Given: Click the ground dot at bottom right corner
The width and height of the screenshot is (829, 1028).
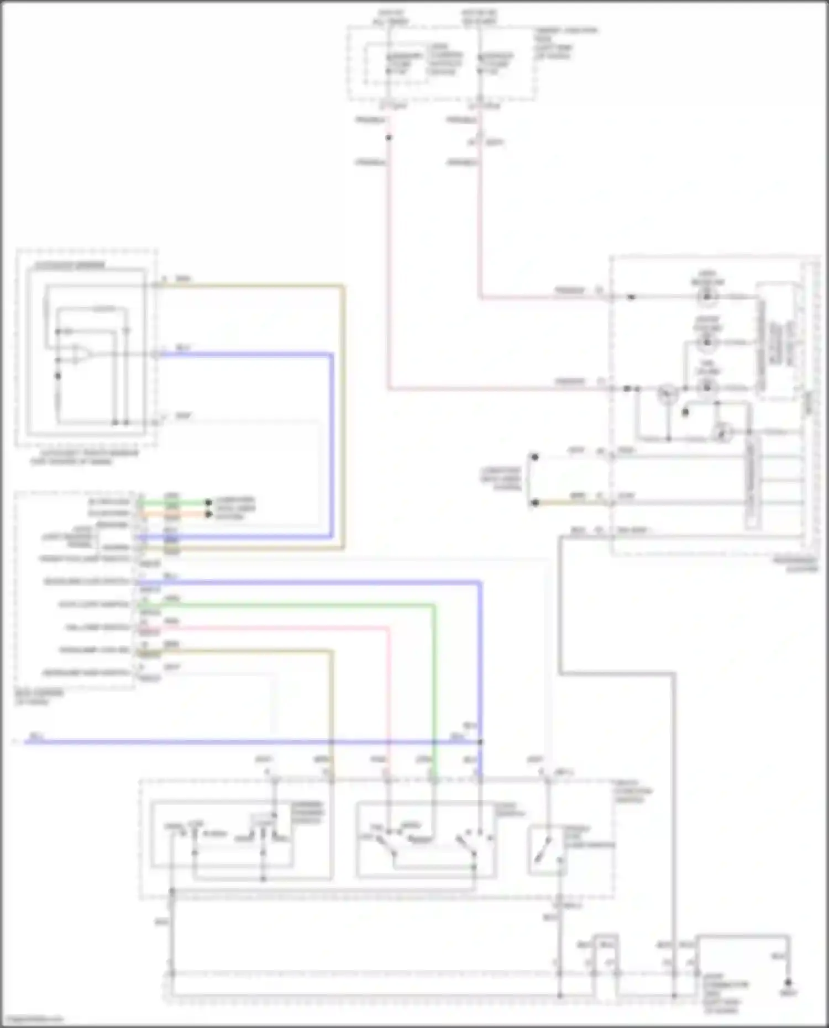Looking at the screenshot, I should pos(788,982).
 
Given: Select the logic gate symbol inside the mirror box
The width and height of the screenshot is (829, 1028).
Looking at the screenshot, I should pos(81,354).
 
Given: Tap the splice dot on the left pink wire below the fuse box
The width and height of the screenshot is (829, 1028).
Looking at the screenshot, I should pos(389,137).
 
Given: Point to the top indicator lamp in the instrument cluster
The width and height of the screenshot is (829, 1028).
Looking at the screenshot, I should pos(707,297).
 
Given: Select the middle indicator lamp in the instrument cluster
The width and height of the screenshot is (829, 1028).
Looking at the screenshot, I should pos(707,342).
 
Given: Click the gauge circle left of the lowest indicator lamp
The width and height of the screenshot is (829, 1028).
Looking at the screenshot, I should pos(668,394).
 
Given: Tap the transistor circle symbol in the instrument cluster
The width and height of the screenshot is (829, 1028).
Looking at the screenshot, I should pos(722,432).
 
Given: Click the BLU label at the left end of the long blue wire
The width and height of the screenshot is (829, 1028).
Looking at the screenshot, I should pos(36,736).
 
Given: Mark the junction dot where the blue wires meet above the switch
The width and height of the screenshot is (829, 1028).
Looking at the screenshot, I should pos(480,742).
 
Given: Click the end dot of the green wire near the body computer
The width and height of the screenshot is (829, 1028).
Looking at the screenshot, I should pos(208,502).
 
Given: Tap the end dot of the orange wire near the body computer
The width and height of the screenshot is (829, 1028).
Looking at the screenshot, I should pos(208,514).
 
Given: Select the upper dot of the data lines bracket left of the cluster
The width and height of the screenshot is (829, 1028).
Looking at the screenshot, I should pos(534,457).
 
